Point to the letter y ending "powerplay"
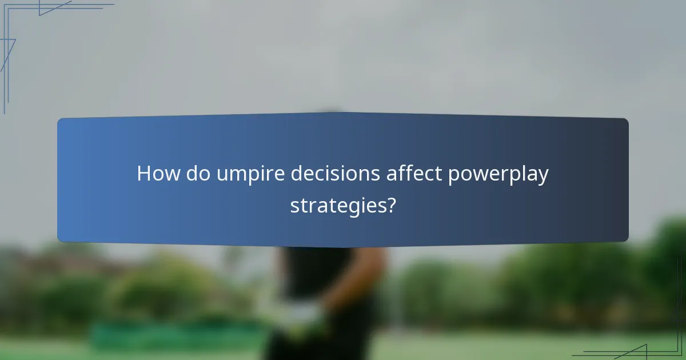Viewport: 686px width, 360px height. pyautogui.click(x=543, y=177)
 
